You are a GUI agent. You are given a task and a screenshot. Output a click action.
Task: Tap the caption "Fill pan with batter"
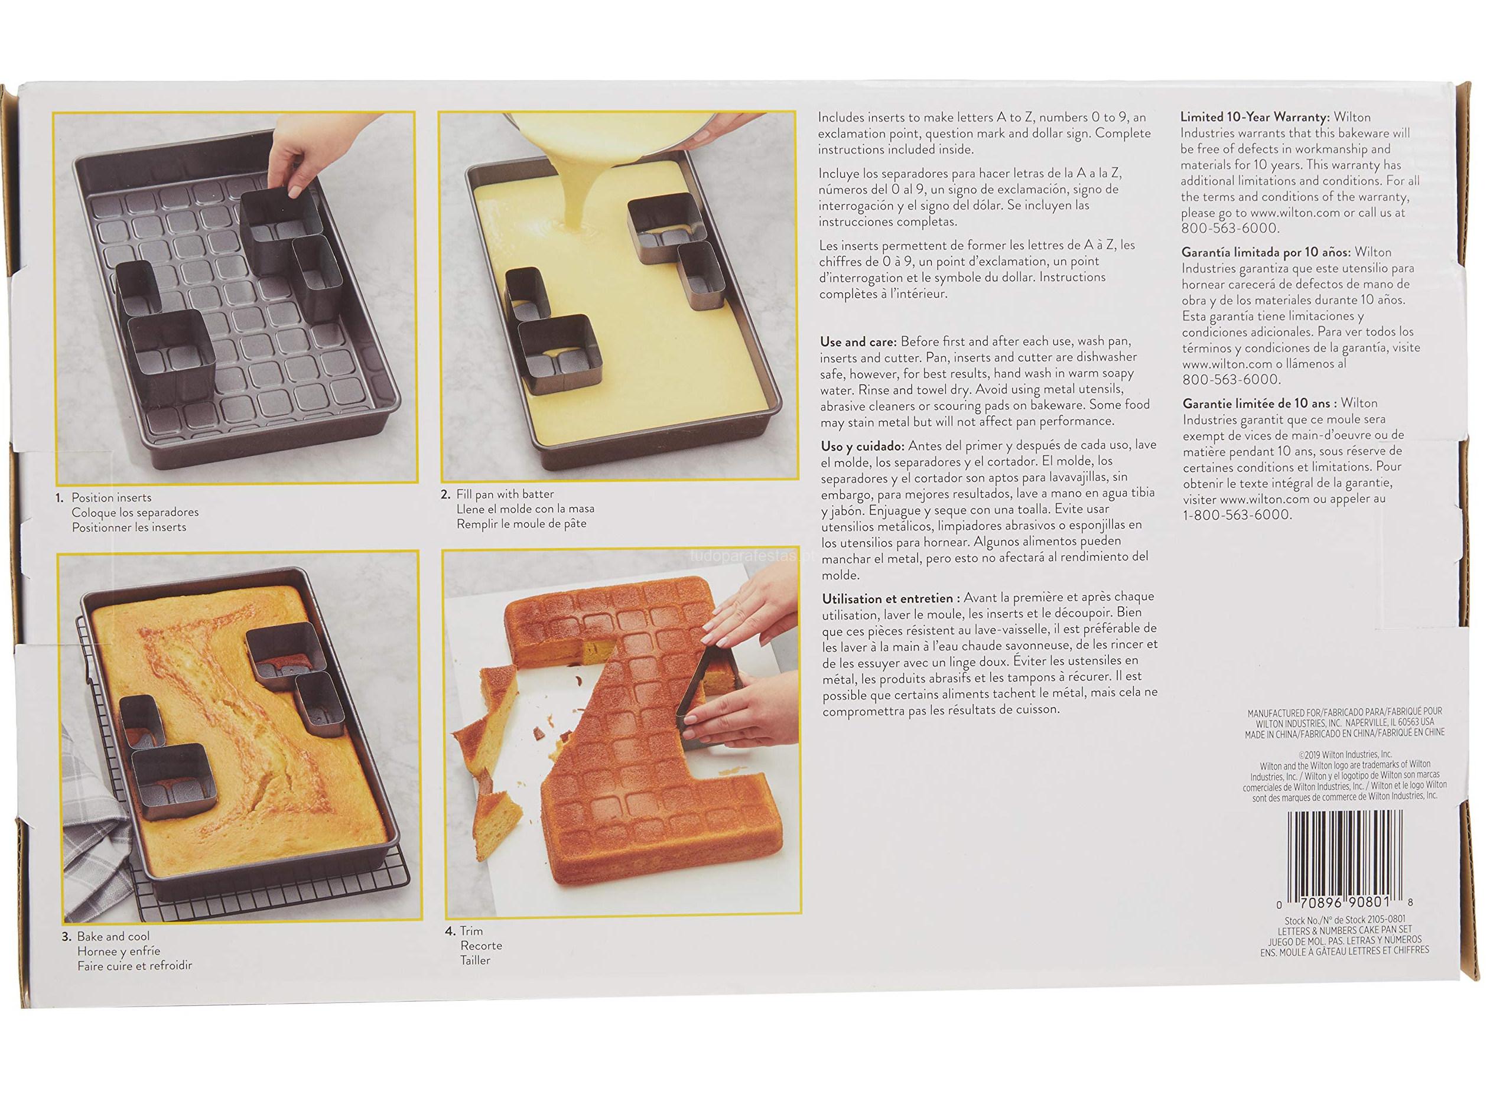coord(505,494)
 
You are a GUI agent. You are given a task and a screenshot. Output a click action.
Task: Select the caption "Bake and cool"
coord(113,937)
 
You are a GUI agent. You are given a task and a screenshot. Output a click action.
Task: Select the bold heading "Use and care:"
coord(858,342)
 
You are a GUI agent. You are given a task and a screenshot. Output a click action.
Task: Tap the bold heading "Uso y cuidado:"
coord(863,447)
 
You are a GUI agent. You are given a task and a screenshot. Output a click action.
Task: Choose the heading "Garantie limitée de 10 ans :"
coord(1258,403)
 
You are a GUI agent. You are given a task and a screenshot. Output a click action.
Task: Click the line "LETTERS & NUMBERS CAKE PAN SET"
coord(1345,930)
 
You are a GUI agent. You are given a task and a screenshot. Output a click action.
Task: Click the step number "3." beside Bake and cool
coord(67,937)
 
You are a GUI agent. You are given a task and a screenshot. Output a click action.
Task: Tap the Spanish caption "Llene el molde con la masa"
coord(525,509)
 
